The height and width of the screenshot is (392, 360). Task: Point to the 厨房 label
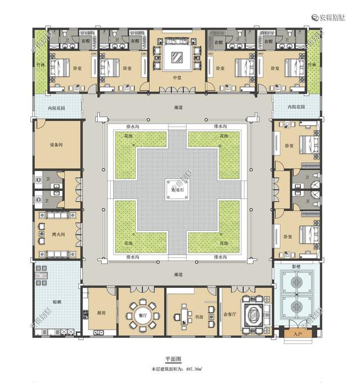[101, 313]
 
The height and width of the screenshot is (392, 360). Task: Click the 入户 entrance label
[298, 335]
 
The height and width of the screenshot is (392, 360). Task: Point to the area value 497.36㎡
[196, 369]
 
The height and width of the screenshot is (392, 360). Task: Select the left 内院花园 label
[56, 106]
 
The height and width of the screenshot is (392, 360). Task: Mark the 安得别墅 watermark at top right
[334, 17]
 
